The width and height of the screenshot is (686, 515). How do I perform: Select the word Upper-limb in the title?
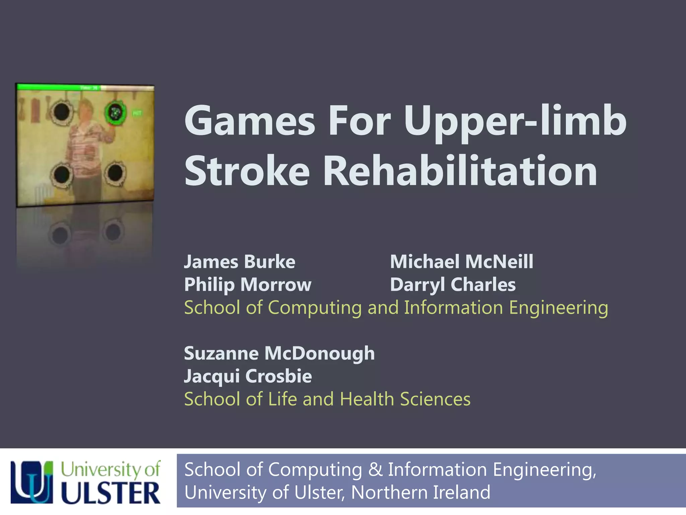(515, 121)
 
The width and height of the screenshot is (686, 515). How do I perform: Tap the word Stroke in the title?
(247, 171)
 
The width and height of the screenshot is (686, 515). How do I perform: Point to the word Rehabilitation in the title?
(460, 171)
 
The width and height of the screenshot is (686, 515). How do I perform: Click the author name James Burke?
(239, 262)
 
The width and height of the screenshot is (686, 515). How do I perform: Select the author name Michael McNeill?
(462, 262)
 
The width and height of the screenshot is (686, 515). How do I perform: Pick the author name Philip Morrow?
(248, 285)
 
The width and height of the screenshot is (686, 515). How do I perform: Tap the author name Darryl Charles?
(453, 285)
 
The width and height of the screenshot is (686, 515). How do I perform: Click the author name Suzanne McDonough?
(279, 353)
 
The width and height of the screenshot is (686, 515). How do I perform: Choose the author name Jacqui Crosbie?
(248, 376)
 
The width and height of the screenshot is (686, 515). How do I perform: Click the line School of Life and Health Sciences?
(327, 399)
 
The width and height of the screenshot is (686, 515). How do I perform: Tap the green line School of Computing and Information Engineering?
(396, 307)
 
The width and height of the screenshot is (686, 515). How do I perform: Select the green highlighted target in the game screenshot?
(115, 113)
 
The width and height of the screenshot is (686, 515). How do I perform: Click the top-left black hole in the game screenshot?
(62, 112)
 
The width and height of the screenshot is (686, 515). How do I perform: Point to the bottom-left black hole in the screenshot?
(62, 174)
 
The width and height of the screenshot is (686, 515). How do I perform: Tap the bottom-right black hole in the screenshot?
(115, 173)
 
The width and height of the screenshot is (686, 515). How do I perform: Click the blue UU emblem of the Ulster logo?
(32, 482)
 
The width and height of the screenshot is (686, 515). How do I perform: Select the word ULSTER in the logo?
(111, 493)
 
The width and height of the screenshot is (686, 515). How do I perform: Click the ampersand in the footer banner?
(375, 469)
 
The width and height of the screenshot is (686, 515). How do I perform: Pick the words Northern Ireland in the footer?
(420, 492)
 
